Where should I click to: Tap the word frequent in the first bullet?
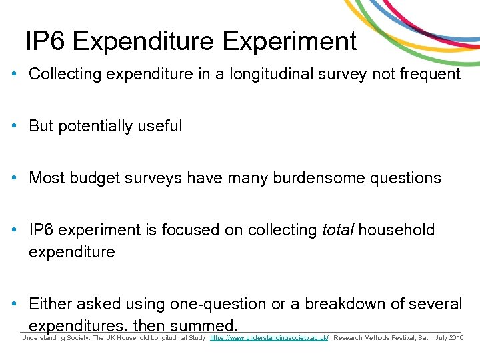tap(429, 74)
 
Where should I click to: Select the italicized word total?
tap(338, 230)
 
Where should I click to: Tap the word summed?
tap(203, 326)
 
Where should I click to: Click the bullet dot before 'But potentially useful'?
tap(15, 126)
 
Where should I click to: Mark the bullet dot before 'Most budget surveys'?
tap(15, 178)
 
